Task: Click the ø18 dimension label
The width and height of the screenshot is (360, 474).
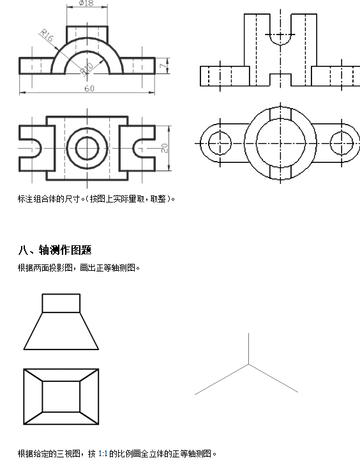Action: (86, 3)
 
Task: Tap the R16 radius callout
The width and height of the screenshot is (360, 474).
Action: (47, 35)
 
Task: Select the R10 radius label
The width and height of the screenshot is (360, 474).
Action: (86, 69)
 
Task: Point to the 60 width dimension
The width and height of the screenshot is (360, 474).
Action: (89, 88)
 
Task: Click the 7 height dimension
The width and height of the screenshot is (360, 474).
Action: (163, 66)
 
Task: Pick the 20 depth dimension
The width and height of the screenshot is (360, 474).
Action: (164, 148)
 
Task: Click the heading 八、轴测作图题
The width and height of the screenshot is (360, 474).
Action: (55, 250)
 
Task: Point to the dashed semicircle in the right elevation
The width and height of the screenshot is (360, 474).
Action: (280, 45)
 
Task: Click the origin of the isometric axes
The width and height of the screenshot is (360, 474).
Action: (248, 364)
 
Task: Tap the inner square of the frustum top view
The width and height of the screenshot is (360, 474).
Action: (61, 381)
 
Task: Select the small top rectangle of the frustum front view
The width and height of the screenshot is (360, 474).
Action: (61, 294)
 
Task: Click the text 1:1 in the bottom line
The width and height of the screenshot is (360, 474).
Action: (103, 454)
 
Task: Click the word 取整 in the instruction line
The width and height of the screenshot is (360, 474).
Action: (158, 199)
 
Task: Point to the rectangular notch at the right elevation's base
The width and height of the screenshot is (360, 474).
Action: (280, 74)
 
